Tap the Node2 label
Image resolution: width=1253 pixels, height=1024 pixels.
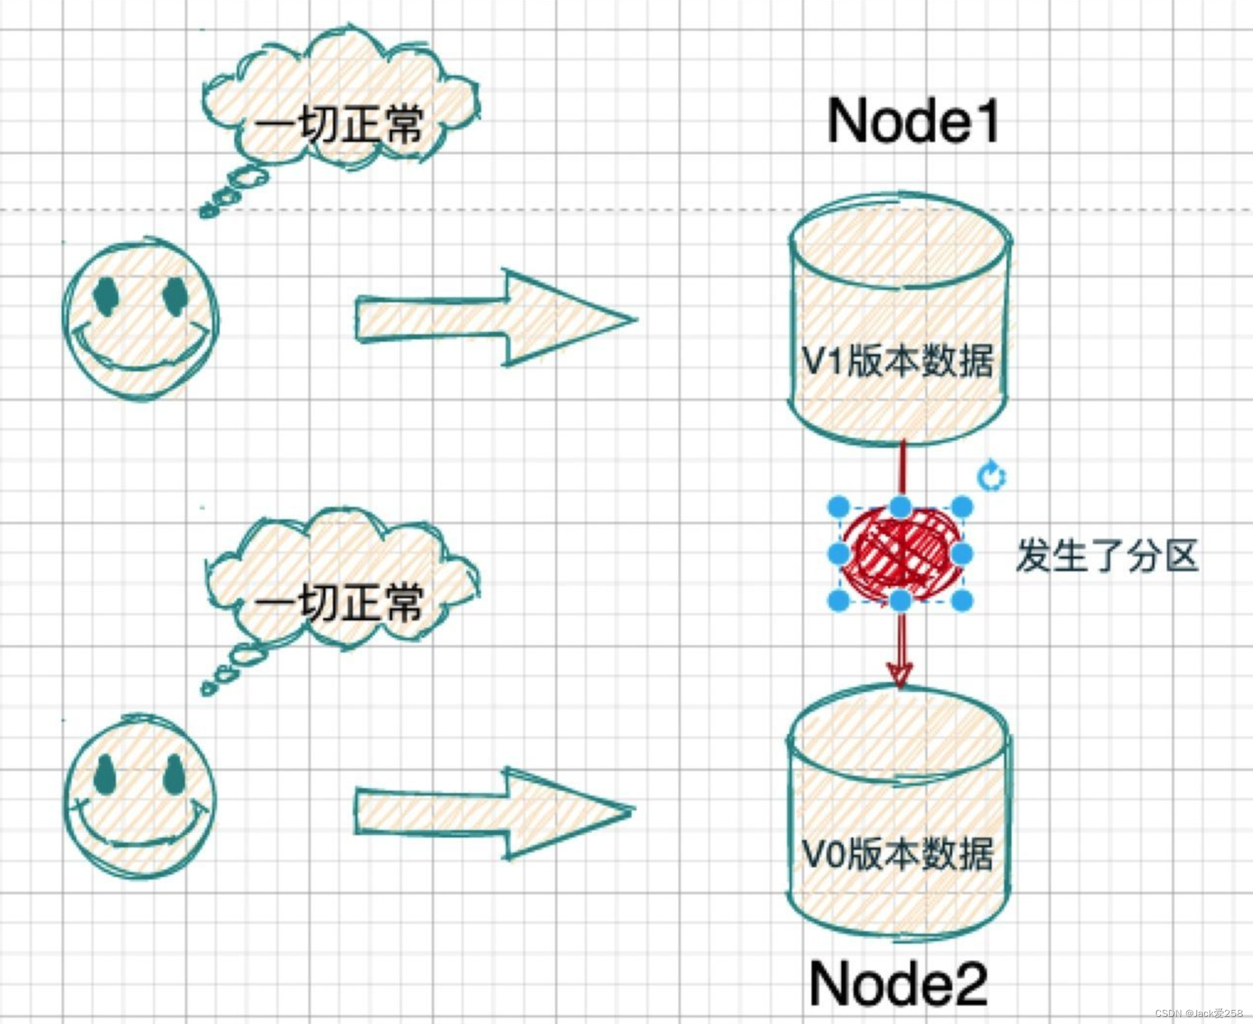click(x=899, y=983)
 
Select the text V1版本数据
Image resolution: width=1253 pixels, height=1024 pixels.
click(x=898, y=361)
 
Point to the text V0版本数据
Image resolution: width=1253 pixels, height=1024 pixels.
click(x=898, y=855)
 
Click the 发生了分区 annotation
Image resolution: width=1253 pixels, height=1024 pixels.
click(x=1107, y=556)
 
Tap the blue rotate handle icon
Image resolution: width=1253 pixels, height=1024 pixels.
click(x=991, y=477)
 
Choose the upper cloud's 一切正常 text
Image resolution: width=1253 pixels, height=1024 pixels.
click(x=340, y=123)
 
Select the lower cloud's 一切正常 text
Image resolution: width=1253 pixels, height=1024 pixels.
click(x=340, y=603)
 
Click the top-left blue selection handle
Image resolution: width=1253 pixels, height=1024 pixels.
click(x=839, y=507)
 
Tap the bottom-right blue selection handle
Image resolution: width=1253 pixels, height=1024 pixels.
click(x=962, y=601)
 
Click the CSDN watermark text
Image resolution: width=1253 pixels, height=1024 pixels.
click(x=1198, y=1013)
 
